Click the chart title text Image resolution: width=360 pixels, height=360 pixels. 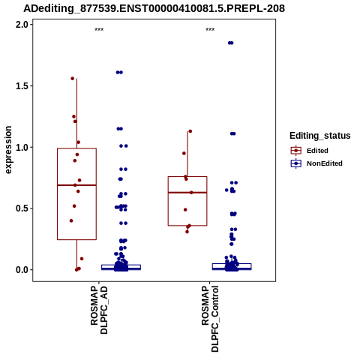[154, 8]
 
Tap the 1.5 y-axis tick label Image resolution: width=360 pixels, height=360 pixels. [21, 85]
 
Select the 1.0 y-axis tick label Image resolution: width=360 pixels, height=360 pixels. [21, 147]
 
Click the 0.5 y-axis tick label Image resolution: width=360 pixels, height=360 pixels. [21, 208]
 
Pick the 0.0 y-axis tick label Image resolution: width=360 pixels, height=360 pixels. [21, 270]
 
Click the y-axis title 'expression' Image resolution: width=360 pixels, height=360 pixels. [8, 150]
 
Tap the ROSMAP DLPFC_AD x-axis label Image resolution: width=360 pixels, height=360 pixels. [99, 310]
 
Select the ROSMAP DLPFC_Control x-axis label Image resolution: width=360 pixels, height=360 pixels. [210, 319]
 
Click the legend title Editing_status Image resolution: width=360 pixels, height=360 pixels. [320, 136]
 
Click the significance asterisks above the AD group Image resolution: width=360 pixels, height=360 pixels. [99, 30]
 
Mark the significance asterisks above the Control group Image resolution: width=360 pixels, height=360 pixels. [210, 30]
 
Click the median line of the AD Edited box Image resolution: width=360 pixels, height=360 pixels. [76, 185]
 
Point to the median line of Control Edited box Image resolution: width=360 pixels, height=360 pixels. [187, 193]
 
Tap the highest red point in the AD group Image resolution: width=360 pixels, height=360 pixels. [73, 79]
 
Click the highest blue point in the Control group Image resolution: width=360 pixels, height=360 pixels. [230, 43]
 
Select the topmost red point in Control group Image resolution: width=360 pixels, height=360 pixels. [190, 131]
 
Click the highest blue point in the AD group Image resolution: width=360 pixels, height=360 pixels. [119, 73]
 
